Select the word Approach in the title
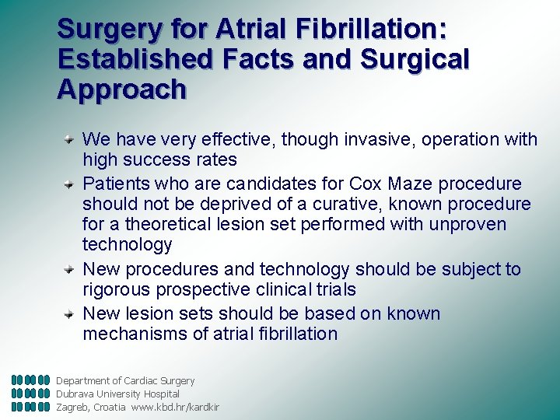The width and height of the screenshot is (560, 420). point(122,89)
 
